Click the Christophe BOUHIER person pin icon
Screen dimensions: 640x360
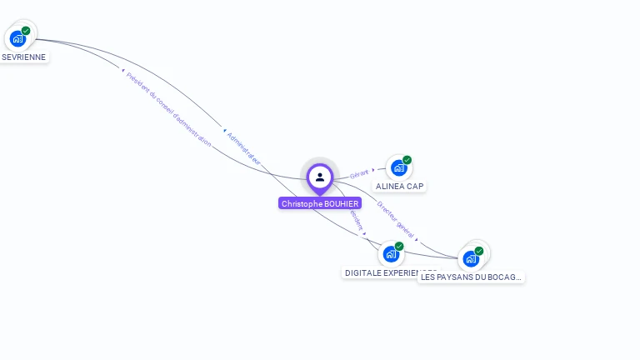[320, 177]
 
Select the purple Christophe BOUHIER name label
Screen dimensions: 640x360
[320, 203]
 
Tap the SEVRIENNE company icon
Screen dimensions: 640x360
[17, 38]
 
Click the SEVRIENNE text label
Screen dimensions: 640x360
[24, 57]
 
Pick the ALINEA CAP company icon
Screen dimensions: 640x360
[399, 167]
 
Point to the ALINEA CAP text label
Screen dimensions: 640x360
[400, 187]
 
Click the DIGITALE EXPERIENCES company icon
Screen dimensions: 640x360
[391, 254]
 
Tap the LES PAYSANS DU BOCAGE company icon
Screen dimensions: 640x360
[471, 258]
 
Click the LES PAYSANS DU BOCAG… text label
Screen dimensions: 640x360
[471, 277]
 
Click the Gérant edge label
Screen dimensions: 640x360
[359, 173]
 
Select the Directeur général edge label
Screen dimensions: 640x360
[395, 218]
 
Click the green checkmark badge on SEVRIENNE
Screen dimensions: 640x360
[26, 31]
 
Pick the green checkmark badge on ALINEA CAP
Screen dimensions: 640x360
[407, 160]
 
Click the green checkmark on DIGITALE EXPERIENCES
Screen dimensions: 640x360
[399, 247]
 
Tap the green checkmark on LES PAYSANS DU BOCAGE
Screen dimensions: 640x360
[479, 251]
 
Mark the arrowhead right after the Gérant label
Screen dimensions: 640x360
[373, 170]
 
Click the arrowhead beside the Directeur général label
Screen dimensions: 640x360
[417, 241]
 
